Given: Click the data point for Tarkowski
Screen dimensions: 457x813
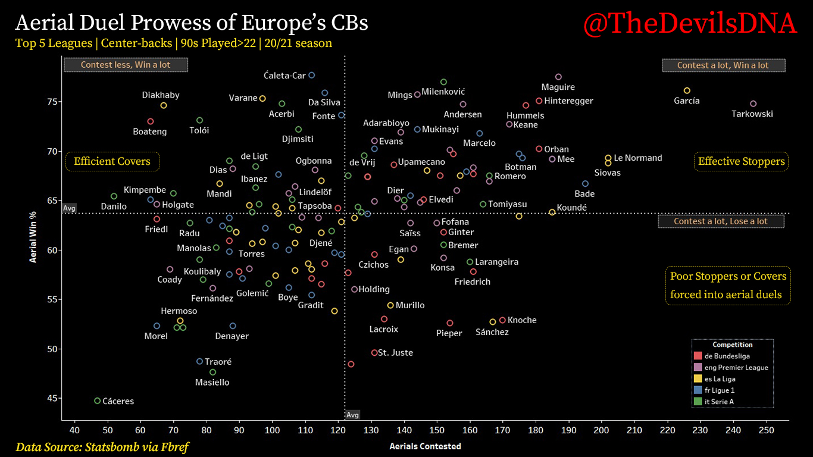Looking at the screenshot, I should [753, 104].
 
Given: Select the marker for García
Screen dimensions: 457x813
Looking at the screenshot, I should [687, 90].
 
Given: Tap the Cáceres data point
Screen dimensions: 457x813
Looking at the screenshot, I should [98, 401].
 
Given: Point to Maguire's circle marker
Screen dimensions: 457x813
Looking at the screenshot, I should [558, 77].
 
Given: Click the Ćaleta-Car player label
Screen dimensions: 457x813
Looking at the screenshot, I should [284, 76].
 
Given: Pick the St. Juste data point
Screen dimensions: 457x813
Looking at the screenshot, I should [374, 353].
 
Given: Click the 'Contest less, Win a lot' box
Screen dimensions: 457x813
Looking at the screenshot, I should [126, 65].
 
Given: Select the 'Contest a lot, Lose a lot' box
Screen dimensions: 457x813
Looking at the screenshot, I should [721, 221].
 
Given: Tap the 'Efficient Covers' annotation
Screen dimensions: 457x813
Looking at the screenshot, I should [112, 161].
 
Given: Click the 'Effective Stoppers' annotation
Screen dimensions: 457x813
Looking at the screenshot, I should [741, 161].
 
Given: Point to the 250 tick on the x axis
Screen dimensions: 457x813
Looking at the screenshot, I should [766, 430].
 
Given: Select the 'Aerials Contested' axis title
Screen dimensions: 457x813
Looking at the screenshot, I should [425, 446].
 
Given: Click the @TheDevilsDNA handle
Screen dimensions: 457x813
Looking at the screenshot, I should [690, 24].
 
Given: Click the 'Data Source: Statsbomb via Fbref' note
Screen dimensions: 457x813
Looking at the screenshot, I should [103, 446].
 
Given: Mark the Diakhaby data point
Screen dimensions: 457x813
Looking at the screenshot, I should [164, 105].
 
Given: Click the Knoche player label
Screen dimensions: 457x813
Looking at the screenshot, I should [522, 320].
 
